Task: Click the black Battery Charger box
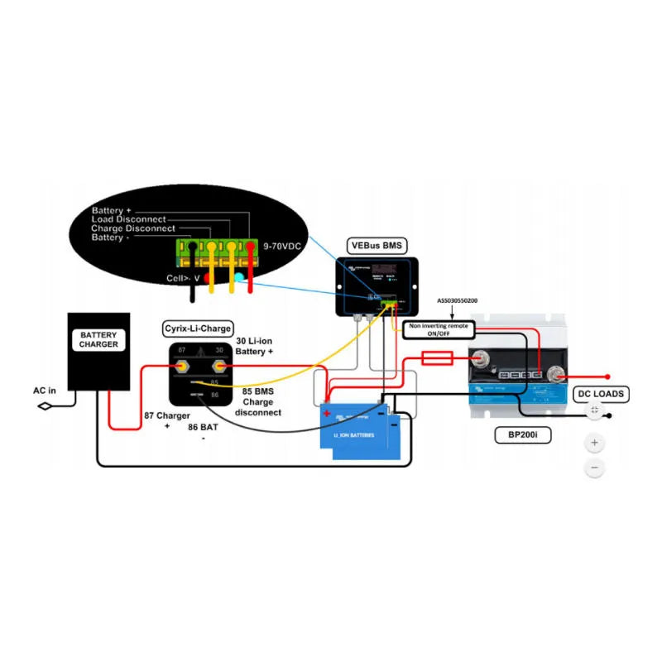point(98,351)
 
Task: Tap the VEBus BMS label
point(376,246)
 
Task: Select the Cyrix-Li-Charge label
point(198,329)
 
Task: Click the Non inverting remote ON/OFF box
point(439,330)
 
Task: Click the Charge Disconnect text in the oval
point(132,228)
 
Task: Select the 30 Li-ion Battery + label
point(254,346)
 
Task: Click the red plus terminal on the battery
point(327,413)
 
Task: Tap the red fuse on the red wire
point(436,357)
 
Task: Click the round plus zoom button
point(594,443)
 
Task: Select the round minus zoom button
point(594,468)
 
